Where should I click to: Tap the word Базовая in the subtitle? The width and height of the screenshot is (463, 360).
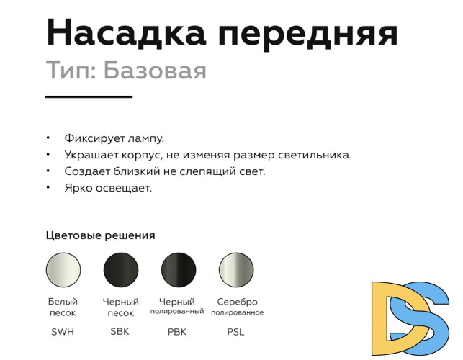tap(154, 71)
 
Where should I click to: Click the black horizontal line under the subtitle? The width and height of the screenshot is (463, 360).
tap(89, 96)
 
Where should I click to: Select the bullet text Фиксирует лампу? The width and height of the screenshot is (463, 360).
tap(114, 138)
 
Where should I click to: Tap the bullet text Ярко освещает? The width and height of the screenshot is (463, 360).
tap(107, 189)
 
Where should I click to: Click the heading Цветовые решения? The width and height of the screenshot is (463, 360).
tap(100, 235)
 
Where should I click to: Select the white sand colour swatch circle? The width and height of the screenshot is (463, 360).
tap(63, 270)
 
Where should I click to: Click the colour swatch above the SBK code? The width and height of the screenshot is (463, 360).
tap(121, 270)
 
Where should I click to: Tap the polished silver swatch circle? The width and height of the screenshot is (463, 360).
tap(236, 270)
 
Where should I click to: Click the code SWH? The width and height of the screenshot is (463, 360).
tap(63, 332)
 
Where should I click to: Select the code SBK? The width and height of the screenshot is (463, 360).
tap(120, 332)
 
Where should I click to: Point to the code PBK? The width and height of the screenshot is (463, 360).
tap(178, 332)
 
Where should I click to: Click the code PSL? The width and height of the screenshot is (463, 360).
tap(235, 332)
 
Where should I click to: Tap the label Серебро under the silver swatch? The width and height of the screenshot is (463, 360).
tap(237, 302)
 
